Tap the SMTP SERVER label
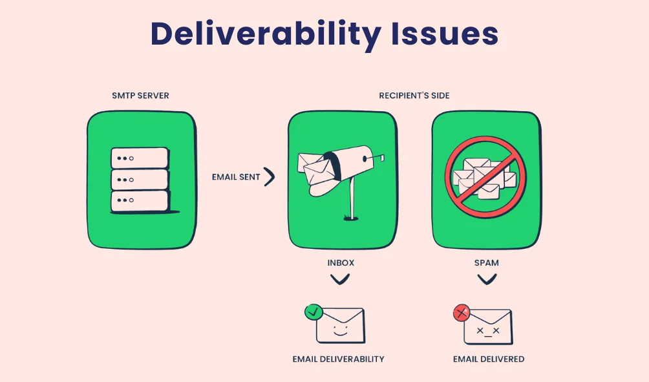tap(140, 96)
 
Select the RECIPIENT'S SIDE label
tap(414, 96)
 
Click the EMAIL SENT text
tap(236, 177)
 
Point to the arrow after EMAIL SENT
tap(269, 177)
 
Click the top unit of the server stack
tap(140, 158)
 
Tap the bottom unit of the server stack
tap(140, 201)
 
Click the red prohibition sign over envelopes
tap(485, 176)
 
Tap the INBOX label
tap(340, 263)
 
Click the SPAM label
tap(486, 263)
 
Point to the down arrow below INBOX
tap(340, 279)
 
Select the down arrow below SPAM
tap(486, 279)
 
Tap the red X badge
tap(461, 313)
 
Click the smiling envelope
tap(341, 326)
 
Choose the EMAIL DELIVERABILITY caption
tap(338, 359)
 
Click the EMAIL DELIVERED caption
tap(488, 359)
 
